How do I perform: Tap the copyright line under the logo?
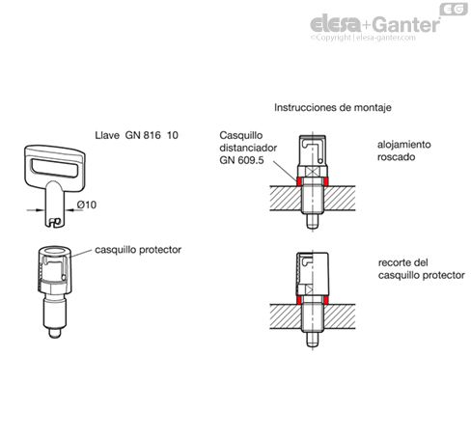(363, 38)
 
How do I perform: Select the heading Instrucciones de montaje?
(333, 107)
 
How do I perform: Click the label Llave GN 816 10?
(136, 135)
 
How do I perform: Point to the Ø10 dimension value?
(87, 205)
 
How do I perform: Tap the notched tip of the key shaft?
(54, 222)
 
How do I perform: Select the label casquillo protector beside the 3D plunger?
(138, 250)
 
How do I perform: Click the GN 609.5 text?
(241, 160)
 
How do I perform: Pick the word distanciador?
(248, 148)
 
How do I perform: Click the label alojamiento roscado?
(403, 151)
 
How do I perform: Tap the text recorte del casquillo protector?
(422, 269)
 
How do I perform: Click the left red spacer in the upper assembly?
(298, 181)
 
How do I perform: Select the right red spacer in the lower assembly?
(326, 300)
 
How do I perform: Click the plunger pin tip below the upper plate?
(312, 221)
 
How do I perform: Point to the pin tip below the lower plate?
(312, 340)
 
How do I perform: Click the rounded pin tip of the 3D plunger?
(54, 333)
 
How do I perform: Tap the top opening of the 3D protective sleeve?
(54, 251)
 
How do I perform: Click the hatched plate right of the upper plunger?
(339, 199)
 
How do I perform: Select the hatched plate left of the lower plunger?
(286, 316)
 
